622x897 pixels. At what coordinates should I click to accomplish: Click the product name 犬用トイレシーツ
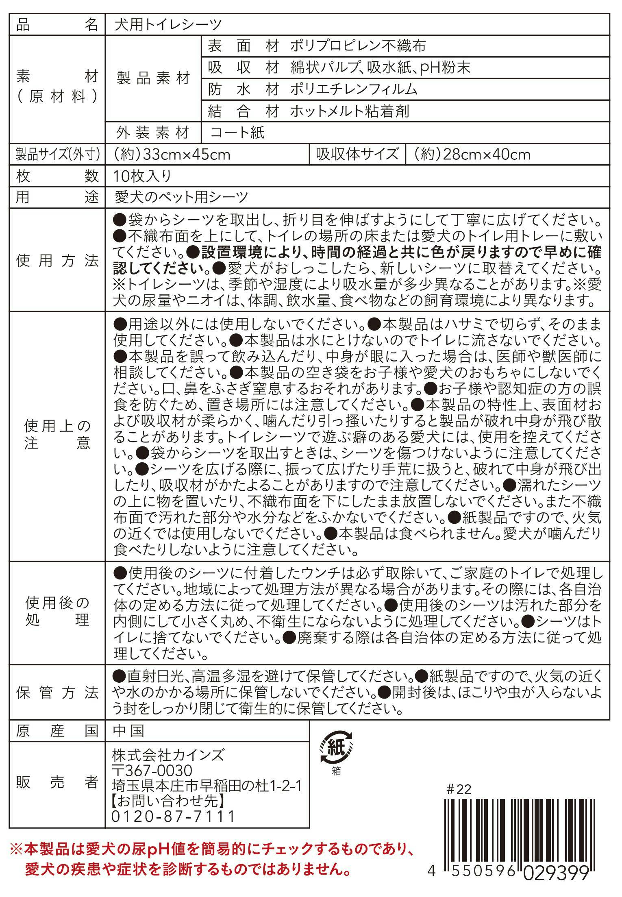coord(168,25)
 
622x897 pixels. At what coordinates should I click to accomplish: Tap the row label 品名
coord(57,25)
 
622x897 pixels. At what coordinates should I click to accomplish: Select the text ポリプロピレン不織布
coord(358,46)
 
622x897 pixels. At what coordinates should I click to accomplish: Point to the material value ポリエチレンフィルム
coord(354,89)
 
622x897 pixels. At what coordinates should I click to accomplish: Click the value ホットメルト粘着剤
coord(350,111)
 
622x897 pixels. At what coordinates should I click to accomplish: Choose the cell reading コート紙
coord(238,133)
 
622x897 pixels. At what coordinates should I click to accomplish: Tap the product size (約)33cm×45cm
coord(172,155)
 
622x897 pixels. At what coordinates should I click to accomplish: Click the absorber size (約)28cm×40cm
coord(472,155)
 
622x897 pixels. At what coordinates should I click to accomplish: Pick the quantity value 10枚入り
coord(142,176)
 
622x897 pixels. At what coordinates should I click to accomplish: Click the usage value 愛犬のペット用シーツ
coord(181,197)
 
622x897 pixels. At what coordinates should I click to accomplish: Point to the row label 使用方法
coord(57,261)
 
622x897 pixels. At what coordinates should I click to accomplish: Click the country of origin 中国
coord(128,732)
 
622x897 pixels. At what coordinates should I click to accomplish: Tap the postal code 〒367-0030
coord(152,771)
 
